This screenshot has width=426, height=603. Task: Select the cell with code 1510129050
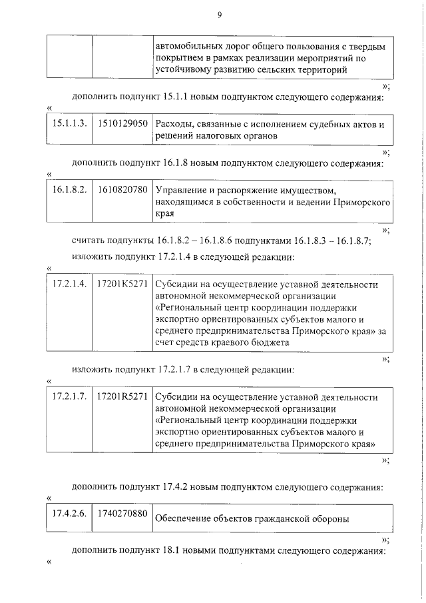[x=122, y=124]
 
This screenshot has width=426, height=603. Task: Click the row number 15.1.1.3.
[x=70, y=124]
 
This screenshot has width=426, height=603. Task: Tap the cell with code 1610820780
[x=122, y=190]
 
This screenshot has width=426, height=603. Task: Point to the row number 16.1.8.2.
[x=70, y=190]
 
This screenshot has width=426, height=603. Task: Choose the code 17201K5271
[x=122, y=284]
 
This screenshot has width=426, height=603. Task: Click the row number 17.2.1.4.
[x=70, y=284]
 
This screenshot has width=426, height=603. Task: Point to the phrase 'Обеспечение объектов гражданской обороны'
[x=252, y=519]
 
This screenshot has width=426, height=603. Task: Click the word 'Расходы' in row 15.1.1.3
[x=172, y=125]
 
